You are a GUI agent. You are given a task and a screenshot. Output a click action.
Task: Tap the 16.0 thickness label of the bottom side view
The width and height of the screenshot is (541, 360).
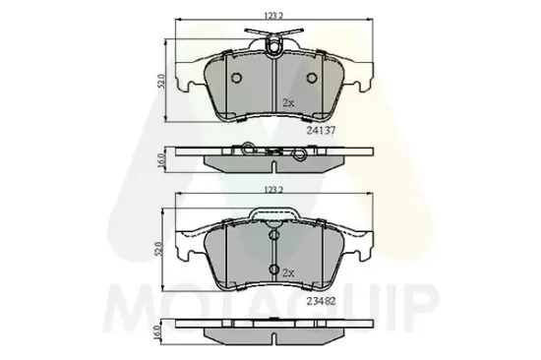(158, 333)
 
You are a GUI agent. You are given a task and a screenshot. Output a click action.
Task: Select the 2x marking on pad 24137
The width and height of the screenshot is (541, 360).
(288, 102)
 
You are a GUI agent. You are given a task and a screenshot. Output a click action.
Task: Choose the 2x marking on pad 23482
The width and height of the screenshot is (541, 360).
(288, 272)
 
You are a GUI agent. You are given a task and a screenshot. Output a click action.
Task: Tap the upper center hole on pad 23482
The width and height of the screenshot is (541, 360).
(271, 236)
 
